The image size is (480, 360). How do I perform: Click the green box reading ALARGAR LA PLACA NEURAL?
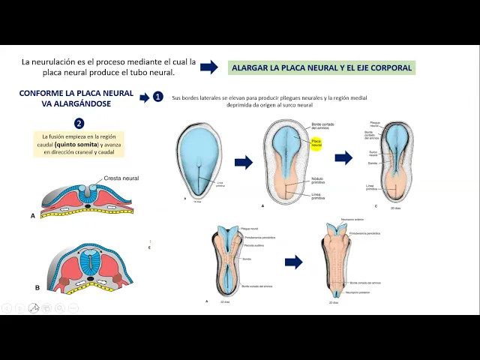coord(322,67)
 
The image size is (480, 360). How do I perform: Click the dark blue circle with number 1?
coord(157,97)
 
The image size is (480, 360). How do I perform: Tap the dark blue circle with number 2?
coord(79,124)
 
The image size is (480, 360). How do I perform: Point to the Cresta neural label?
coord(121,178)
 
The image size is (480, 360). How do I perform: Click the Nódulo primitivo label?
coord(318,180)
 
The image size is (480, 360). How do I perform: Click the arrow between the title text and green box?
coord(208,67)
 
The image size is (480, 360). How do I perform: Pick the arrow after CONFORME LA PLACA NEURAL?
coord(144,97)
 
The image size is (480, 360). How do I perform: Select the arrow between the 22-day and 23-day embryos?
coord(293,262)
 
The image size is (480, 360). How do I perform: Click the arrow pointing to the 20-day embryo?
coord(343,158)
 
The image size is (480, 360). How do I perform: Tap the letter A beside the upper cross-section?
coord(33,215)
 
